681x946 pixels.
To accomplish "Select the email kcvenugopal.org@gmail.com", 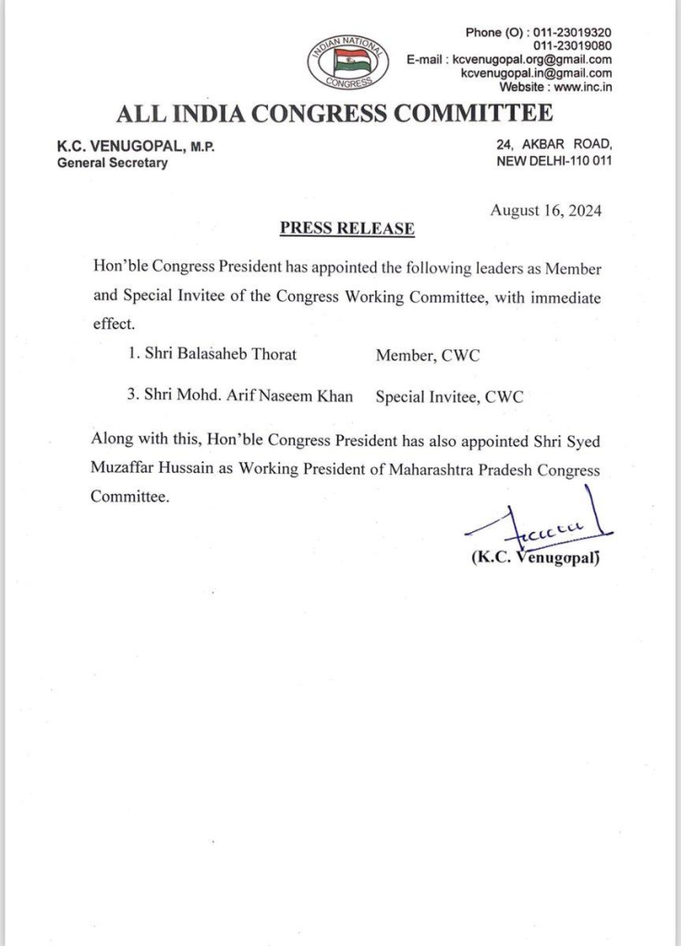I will click(531, 59).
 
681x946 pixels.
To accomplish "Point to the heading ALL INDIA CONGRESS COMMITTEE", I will click(335, 115).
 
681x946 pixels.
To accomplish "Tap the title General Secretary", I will click(113, 163).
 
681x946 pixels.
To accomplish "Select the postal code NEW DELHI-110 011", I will click(554, 161).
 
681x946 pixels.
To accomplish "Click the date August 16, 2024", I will click(546, 210).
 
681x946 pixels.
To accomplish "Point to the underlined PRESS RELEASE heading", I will click(347, 227).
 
